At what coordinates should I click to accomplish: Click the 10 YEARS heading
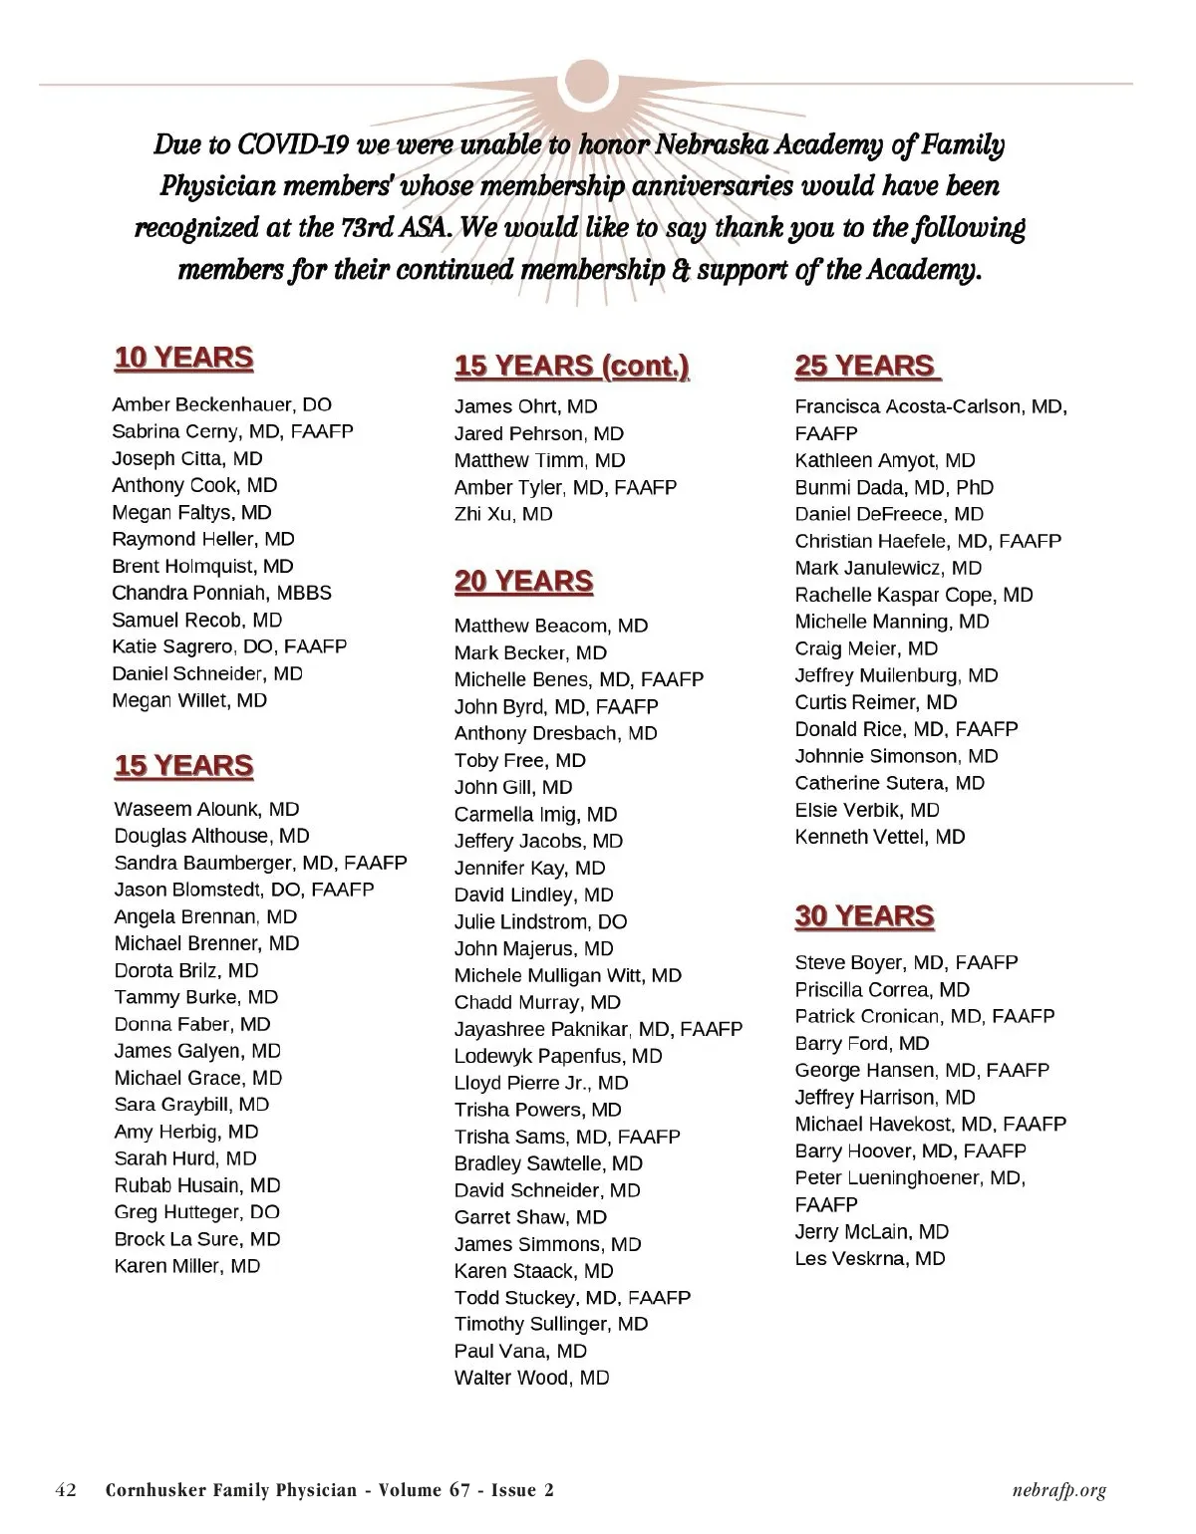[183, 358]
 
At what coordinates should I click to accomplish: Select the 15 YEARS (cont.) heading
[571, 367]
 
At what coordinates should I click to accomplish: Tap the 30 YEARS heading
[864, 916]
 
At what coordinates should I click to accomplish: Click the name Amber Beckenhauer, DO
[222, 404]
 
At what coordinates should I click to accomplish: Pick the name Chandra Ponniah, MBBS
[221, 593]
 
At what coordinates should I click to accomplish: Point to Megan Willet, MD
[189, 700]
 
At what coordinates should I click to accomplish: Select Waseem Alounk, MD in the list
[206, 809]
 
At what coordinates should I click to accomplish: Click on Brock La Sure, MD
[197, 1239]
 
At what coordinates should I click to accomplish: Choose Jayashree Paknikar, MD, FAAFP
[598, 1029]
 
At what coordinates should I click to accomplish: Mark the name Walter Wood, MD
[531, 1378]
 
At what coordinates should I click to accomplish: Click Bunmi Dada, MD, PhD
[894, 487]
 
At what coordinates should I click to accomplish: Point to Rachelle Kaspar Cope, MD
[914, 595]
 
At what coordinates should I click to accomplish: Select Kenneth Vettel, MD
[880, 837]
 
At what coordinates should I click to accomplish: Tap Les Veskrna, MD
[870, 1258]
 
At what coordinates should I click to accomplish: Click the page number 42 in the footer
[66, 1490]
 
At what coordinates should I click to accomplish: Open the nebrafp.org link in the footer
[1057, 1490]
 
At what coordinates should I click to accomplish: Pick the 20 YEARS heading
[523, 582]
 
